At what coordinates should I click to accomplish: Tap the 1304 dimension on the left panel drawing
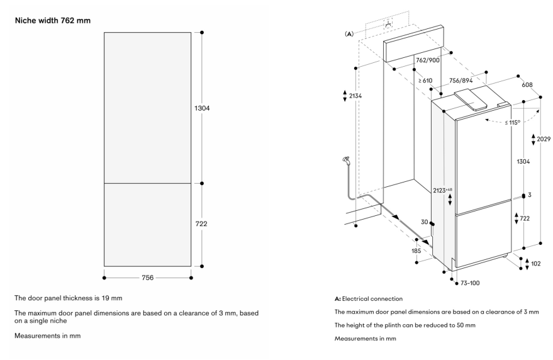[201, 108]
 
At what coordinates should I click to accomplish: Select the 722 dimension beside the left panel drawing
[201, 223]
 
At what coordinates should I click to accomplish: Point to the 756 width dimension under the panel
[147, 276]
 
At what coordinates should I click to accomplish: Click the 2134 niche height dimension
[355, 96]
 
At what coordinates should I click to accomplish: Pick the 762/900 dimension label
[428, 60]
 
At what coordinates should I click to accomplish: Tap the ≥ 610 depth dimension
[425, 81]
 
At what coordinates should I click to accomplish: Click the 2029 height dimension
[544, 138]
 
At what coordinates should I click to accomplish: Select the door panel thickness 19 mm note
[55, 297]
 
